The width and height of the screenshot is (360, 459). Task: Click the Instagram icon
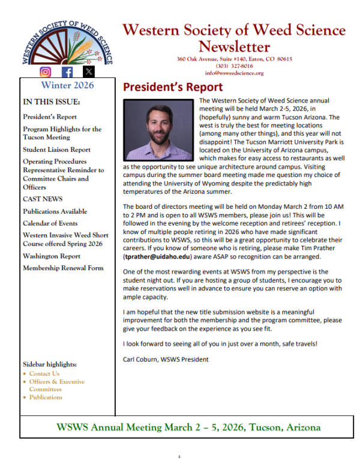(x=46, y=72)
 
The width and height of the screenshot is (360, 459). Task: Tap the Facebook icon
(x=67, y=72)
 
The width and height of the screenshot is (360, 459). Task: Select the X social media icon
(x=88, y=72)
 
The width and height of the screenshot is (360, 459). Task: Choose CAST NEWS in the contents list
(x=43, y=199)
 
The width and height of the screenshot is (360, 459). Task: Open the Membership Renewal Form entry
(x=63, y=267)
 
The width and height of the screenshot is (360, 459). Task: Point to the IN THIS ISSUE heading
(x=50, y=101)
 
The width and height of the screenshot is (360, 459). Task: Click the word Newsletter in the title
(x=234, y=46)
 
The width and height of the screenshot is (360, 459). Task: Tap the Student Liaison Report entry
(x=56, y=149)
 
